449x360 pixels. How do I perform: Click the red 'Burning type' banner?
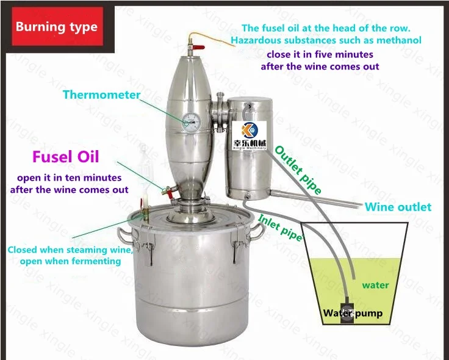[56, 27]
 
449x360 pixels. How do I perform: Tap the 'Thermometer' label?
[101, 95]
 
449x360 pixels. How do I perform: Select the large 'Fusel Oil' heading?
[65, 157]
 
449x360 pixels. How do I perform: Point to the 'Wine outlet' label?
[398, 207]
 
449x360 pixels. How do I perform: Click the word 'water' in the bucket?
[375, 285]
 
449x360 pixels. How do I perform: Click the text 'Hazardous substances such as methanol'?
[326, 40]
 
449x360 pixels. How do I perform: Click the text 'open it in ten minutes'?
[69, 178]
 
